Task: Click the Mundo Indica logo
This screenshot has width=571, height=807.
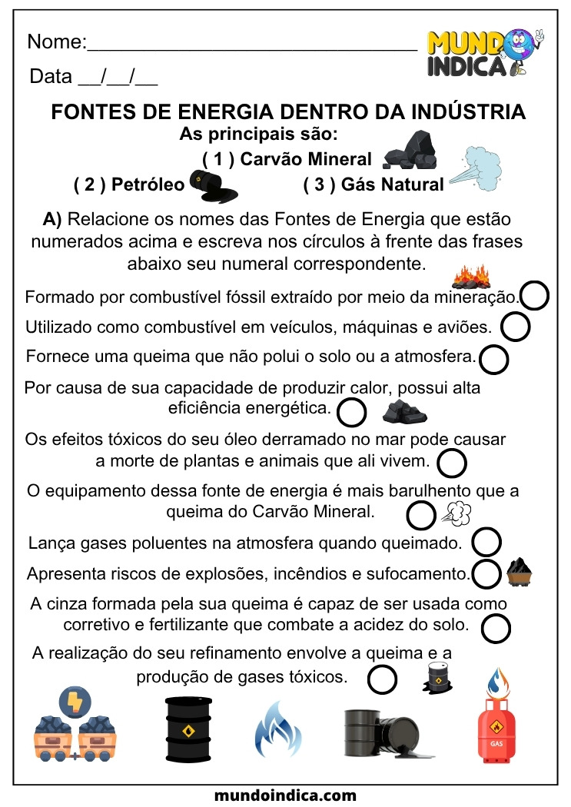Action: (485, 53)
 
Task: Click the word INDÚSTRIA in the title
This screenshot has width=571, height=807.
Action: (469, 112)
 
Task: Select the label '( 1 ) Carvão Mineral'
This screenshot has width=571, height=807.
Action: (287, 159)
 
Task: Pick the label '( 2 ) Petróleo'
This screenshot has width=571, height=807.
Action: (129, 184)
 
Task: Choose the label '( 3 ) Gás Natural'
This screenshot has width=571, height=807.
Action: (373, 184)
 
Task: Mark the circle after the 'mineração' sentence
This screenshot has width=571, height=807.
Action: (535, 296)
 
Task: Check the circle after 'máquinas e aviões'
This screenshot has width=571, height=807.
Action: (515, 327)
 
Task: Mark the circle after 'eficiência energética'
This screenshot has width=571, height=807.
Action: (352, 413)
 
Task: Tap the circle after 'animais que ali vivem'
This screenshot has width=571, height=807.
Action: (452, 463)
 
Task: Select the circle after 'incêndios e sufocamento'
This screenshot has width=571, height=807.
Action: (486, 573)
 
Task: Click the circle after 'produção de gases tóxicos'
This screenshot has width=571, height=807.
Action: (383, 679)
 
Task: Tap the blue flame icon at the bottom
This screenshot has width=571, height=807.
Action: (277, 728)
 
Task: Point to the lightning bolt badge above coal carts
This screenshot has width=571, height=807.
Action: (75, 700)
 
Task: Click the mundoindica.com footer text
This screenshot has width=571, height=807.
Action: (285, 795)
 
